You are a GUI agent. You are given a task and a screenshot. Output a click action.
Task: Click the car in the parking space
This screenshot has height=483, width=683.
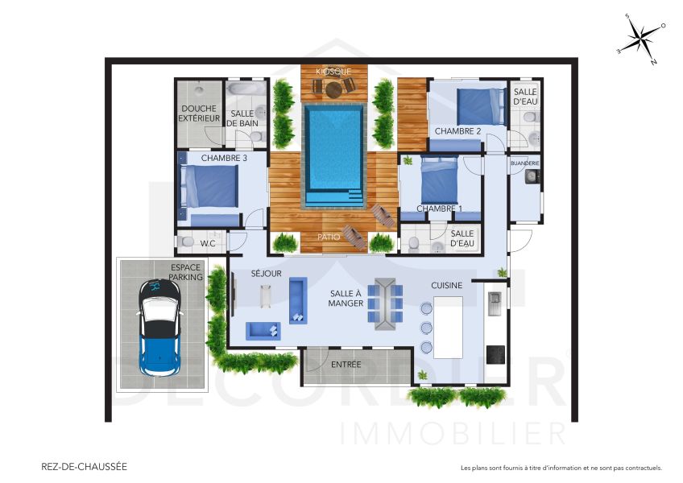(160, 328)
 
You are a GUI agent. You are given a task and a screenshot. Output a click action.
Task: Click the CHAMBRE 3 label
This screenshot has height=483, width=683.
(223, 159)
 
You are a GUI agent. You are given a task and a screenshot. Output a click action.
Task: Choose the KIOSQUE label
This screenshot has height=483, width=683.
(333, 71)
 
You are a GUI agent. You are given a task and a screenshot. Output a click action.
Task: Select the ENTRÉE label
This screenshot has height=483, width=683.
(346, 365)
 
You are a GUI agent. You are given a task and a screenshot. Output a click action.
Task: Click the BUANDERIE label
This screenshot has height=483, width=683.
(525, 163)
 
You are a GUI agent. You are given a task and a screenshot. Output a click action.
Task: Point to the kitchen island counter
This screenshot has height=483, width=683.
(448, 327)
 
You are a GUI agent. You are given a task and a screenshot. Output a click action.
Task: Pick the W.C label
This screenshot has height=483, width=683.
(208, 242)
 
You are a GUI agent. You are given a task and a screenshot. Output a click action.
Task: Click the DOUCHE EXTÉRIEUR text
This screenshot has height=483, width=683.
(199, 114)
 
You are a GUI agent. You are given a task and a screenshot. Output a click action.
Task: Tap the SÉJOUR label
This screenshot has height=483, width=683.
(266, 274)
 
